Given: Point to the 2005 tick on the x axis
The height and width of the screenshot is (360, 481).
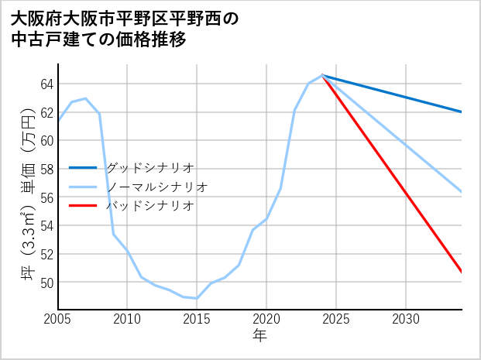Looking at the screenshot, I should coord(58,319).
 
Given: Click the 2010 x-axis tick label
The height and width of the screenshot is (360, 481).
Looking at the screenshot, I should coord(127,319).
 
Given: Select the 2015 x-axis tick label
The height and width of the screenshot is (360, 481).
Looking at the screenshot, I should coord(197,319).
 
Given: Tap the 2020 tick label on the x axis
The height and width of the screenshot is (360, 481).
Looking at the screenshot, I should coord(266,319).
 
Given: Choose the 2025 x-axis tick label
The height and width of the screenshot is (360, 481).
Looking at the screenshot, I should coord(336,319).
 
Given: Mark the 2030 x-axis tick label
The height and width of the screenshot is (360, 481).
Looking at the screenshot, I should coord(406,319).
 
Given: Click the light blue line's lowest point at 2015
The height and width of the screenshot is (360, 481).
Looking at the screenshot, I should coord(197,298).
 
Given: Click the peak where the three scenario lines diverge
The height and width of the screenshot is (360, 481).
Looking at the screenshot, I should coord(322,75).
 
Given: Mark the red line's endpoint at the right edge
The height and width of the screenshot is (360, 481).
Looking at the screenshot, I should coord(462,272).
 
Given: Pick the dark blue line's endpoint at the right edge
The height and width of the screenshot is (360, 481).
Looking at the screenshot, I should coord(462,112).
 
